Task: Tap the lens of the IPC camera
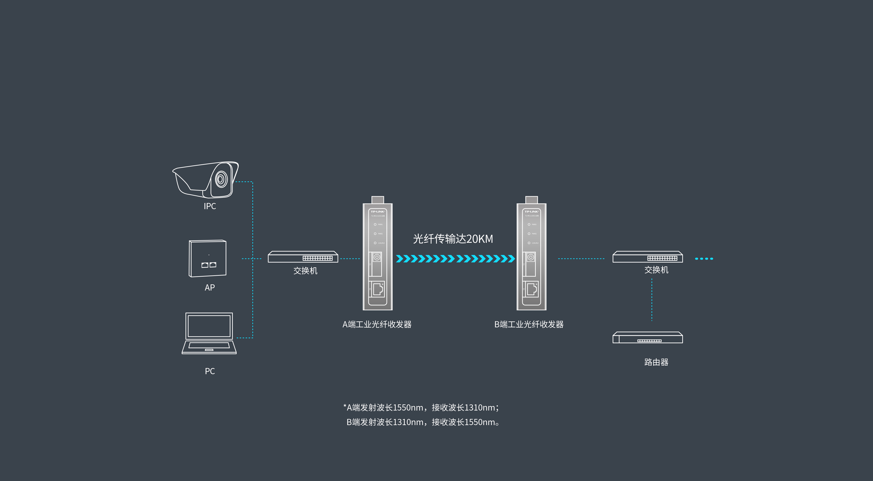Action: (x=221, y=179)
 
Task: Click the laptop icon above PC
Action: (x=209, y=333)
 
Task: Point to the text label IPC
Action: (x=210, y=206)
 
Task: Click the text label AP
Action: (x=210, y=288)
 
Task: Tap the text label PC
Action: (x=210, y=371)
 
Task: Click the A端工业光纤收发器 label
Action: (x=377, y=324)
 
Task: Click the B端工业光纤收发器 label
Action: (x=529, y=324)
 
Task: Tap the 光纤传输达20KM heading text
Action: (x=453, y=239)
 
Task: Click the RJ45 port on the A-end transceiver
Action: (x=378, y=289)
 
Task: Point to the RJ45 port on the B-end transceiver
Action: (x=531, y=289)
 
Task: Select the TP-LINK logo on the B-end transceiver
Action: (x=531, y=212)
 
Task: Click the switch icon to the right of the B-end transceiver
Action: (x=647, y=257)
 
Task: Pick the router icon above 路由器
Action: (x=647, y=338)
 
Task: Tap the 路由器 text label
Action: (x=656, y=362)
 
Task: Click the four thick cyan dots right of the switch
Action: (x=704, y=259)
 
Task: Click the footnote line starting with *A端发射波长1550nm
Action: (x=421, y=407)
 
